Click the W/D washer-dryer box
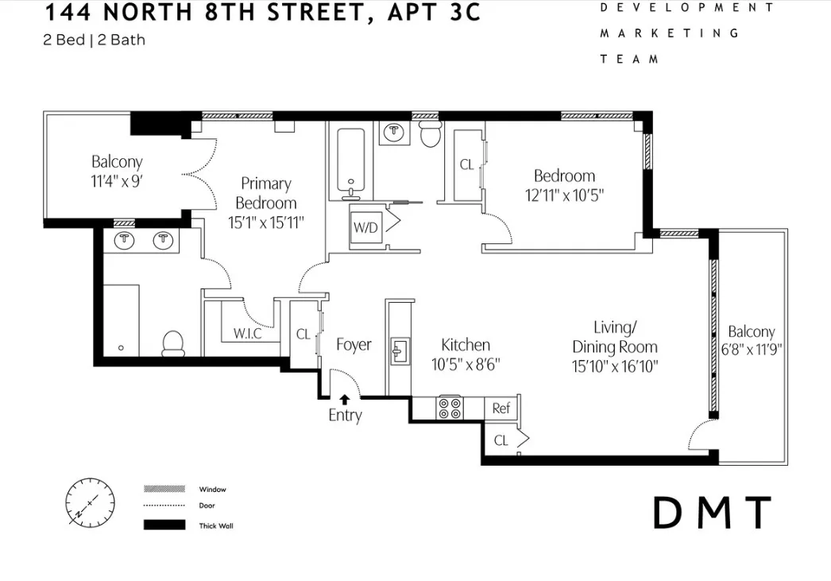point(366,227)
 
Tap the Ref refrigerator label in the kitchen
point(501,409)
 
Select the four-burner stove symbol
point(450,408)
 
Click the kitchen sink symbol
point(399,350)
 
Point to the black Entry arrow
point(345,400)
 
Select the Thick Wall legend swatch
point(164,525)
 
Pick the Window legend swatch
point(164,489)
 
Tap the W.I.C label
point(248,334)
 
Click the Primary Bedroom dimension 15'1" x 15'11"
point(265,223)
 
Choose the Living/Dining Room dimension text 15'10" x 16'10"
point(615,366)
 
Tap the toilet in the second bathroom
point(430,134)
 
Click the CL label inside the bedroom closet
point(466,165)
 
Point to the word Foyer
point(354,345)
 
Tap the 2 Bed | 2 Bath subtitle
point(95,40)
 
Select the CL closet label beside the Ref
point(501,440)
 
